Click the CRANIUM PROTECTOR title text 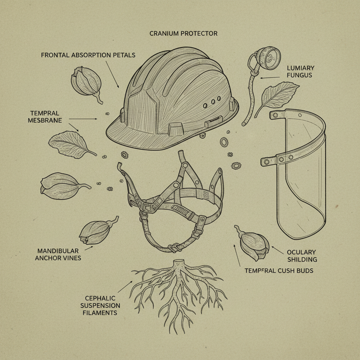pos(183,34)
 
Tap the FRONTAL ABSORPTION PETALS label pos(88,55)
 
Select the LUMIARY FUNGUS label pos(300,71)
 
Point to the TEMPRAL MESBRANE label pos(45,116)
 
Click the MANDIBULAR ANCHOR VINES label pos(59,254)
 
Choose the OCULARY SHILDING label pos(302,256)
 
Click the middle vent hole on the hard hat pos(212,102)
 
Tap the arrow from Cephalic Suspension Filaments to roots pos(125,286)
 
